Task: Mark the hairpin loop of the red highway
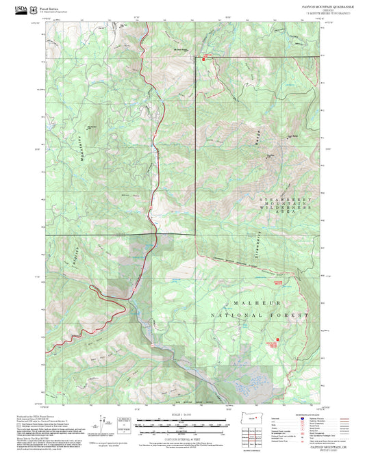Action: point(99,290)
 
